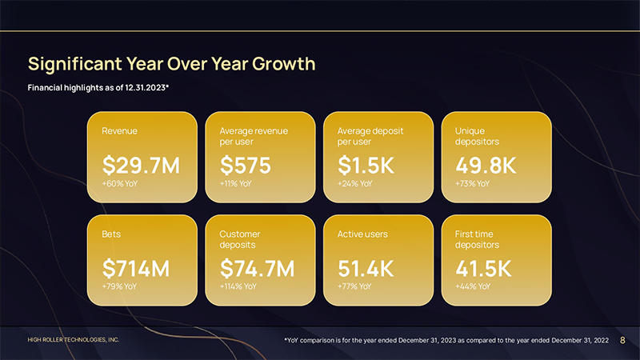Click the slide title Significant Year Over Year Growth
pyautogui.click(x=171, y=63)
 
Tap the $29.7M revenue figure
pyautogui.click(x=141, y=166)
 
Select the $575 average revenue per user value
pyautogui.click(x=246, y=166)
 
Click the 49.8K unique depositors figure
pyautogui.click(x=486, y=166)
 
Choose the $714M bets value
pyautogui.click(x=136, y=269)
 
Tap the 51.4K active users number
pyautogui.click(x=366, y=269)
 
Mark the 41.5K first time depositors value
pyautogui.click(x=482, y=269)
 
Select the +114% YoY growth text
pyautogui.click(x=238, y=286)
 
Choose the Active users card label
pyautogui.click(x=362, y=234)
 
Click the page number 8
pyautogui.click(x=622, y=341)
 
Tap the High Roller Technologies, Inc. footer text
pyautogui.click(x=74, y=340)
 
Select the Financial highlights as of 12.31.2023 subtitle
pyautogui.click(x=98, y=86)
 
